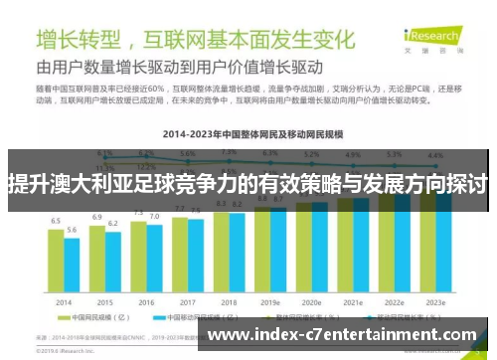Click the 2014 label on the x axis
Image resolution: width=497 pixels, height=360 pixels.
point(64,301)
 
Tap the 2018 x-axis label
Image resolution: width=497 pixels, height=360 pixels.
point(229,301)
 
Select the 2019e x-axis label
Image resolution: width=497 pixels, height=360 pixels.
point(269,301)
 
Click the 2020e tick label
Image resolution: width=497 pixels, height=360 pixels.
point(311,301)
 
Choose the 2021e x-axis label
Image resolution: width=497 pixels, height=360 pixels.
point(353,301)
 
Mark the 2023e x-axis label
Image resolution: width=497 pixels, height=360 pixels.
point(435,301)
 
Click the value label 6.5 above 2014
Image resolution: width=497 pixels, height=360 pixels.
point(56,220)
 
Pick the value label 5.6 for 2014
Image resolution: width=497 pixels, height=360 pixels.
point(72,230)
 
